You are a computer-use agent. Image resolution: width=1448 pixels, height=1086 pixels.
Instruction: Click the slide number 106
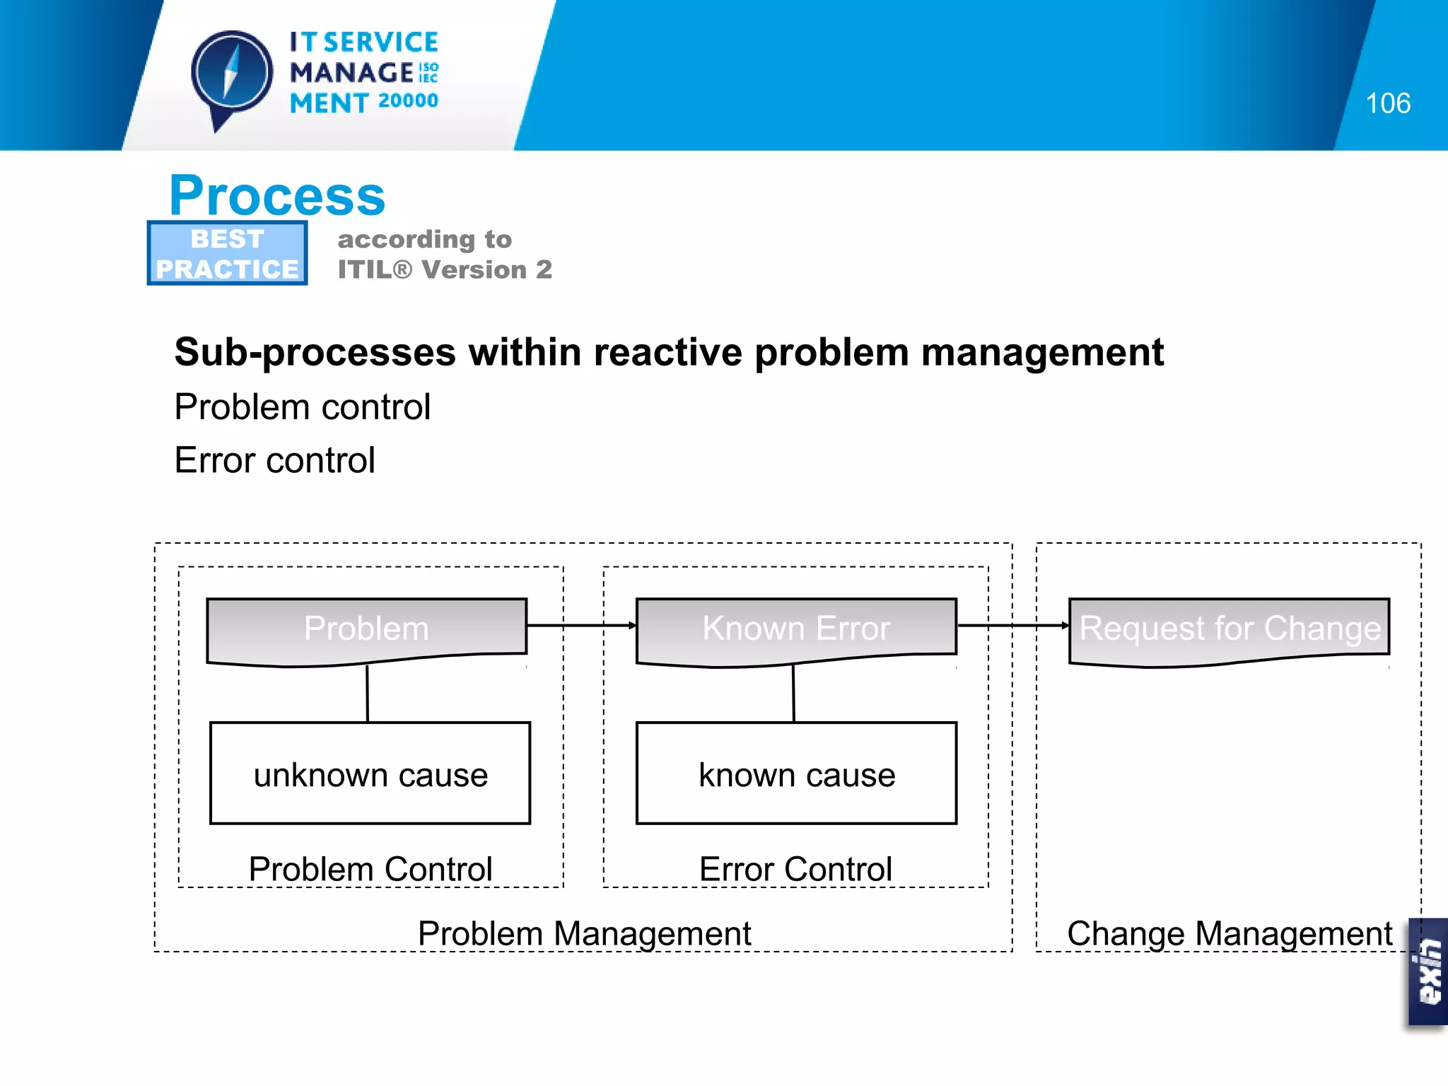tap(1387, 103)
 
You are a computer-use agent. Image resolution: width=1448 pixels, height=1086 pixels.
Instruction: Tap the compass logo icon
tap(232, 75)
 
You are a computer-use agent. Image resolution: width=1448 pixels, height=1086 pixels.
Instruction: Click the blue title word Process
tap(277, 196)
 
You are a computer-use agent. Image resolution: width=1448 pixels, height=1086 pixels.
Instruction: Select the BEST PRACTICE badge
tap(227, 254)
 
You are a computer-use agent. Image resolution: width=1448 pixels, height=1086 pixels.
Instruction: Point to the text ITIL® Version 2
tap(445, 269)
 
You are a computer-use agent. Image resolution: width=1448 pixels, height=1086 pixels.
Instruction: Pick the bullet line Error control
tap(274, 460)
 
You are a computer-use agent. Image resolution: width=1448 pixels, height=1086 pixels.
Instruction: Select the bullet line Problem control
tap(302, 407)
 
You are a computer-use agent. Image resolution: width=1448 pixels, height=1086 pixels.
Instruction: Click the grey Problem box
tap(366, 629)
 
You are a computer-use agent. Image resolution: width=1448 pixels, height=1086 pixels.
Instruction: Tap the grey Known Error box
tap(796, 629)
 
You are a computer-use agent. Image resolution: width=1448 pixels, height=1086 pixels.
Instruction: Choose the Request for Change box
tap(1229, 629)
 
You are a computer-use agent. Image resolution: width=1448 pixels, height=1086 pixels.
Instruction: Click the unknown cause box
tap(370, 773)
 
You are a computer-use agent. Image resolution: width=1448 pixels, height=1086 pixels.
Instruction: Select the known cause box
tap(796, 773)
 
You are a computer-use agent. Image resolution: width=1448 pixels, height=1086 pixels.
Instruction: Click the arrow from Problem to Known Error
tap(581, 625)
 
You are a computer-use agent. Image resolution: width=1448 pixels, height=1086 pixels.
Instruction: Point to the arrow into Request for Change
tap(1012, 625)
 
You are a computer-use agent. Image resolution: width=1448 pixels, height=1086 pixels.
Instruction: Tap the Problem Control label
tap(370, 869)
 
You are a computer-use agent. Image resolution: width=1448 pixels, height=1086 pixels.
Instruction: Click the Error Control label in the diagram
tap(795, 869)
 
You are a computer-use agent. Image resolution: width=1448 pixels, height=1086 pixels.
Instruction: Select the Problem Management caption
tap(584, 933)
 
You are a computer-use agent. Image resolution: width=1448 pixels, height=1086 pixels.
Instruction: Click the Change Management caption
tap(1229, 933)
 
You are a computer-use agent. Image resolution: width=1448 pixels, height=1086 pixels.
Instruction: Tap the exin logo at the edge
tap(1428, 971)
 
